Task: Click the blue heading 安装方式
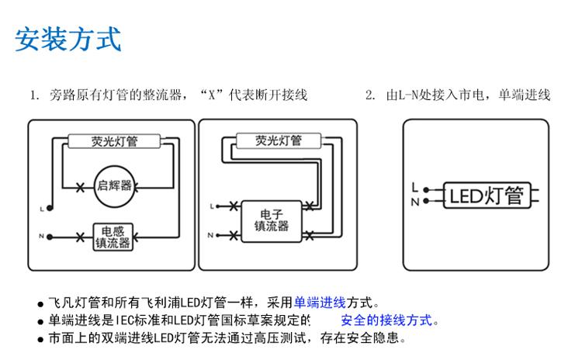coord(68,38)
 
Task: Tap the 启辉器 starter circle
coord(114,185)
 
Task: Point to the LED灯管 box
coord(487,195)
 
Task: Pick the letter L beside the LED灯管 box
coord(415,187)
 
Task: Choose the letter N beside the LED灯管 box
coord(415,201)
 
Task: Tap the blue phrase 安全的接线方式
coord(386,320)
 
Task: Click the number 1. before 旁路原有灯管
coord(34,95)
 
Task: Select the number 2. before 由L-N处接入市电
coord(370,95)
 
